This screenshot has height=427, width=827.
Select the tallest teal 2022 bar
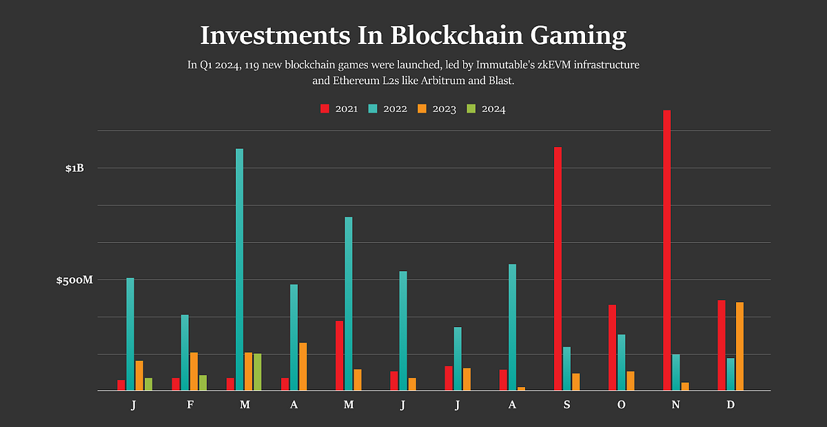point(239,270)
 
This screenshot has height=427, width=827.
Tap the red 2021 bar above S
point(558,269)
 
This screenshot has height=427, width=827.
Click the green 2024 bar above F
point(203,383)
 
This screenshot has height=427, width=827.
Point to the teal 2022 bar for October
point(621,363)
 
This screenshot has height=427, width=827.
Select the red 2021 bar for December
point(721,346)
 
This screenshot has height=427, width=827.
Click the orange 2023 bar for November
point(684,386)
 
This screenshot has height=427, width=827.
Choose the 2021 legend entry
point(339,109)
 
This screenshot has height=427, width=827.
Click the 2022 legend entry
point(388,109)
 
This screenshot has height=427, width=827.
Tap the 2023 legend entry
point(437,109)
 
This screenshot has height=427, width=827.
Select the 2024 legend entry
point(486,109)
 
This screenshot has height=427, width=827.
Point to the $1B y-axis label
point(74,168)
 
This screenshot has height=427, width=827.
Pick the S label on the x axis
point(566,405)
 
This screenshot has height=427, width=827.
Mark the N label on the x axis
point(675,405)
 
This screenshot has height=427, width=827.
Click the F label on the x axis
point(190,405)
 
